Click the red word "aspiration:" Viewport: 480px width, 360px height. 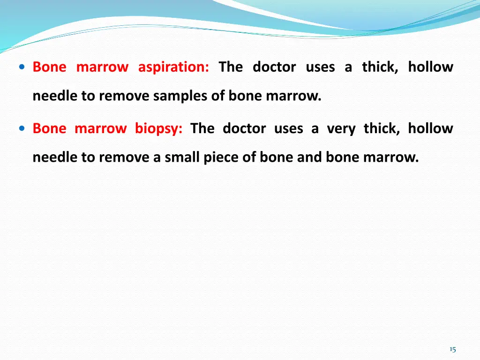pyautogui.click(x=173, y=67)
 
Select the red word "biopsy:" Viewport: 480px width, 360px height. pyautogui.click(x=158, y=128)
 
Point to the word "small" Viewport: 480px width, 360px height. pyautogui.click(x=182, y=158)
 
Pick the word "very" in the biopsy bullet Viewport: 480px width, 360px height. pyautogui.click(x=341, y=128)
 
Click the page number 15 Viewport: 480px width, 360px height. pyautogui.click(x=452, y=349)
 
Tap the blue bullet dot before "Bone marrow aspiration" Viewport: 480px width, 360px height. pyautogui.click(x=22, y=67)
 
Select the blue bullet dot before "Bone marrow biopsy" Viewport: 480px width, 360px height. pyautogui.click(x=22, y=128)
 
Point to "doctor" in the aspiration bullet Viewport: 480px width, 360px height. pyautogui.click(x=274, y=67)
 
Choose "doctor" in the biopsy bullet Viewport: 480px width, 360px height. pyautogui.click(x=244, y=128)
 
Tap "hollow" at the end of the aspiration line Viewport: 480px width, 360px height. pyautogui.click(x=430, y=67)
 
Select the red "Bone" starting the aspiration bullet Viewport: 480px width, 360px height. pyautogui.click(x=49, y=67)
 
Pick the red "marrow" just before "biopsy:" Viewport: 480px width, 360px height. pyautogui.click(x=100, y=128)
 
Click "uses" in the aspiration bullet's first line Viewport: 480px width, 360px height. pyautogui.click(x=320, y=67)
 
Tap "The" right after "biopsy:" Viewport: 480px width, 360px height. pyautogui.click(x=202, y=128)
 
